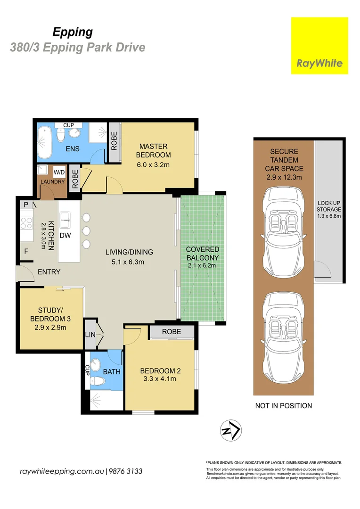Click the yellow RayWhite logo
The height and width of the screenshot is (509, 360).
point(319,46)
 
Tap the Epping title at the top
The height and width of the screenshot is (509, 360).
point(72,32)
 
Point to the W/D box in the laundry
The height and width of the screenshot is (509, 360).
point(59,172)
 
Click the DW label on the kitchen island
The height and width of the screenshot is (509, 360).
point(65,235)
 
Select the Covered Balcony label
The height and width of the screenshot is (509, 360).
point(202,257)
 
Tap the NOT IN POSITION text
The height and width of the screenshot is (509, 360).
point(283,405)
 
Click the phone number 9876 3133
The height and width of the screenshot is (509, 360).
point(126,471)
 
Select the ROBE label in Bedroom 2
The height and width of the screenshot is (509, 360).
point(172,332)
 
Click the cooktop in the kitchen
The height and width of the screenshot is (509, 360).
point(26,222)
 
